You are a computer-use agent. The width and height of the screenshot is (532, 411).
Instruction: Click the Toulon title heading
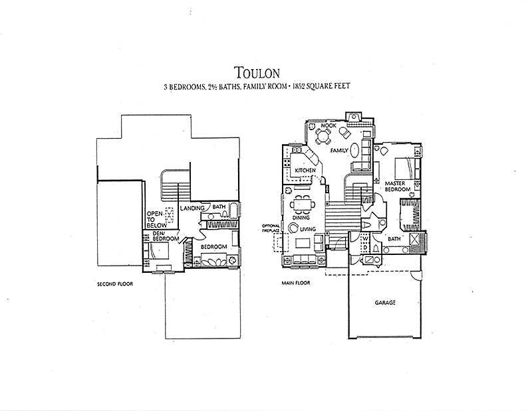(257, 72)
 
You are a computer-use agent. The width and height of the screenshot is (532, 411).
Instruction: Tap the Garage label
(385, 303)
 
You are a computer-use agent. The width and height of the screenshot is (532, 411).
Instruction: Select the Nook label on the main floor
(329, 125)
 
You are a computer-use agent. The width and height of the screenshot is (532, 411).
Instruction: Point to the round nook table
(323, 136)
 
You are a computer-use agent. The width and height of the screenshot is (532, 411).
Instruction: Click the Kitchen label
(305, 171)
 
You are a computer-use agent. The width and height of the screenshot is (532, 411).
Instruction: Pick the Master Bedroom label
(397, 187)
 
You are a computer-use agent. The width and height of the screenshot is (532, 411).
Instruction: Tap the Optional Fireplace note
(271, 228)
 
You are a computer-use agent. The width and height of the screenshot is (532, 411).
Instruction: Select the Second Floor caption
(115, 284)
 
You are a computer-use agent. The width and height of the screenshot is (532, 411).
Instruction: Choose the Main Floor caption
(296, 283)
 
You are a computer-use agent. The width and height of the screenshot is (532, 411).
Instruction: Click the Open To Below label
(156, 220)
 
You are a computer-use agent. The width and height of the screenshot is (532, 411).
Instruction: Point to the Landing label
(192, 208)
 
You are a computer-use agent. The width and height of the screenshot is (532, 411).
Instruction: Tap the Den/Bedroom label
(166, 236)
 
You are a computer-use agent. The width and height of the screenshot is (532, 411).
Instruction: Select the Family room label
(339, 151)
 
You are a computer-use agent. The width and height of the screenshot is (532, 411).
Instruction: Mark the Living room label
(308, 229)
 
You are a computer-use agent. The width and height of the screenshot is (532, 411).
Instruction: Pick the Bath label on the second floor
(219, 206)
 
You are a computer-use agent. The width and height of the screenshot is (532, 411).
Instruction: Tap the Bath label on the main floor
(394, 239)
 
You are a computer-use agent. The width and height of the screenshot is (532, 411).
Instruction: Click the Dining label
(301, 218)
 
